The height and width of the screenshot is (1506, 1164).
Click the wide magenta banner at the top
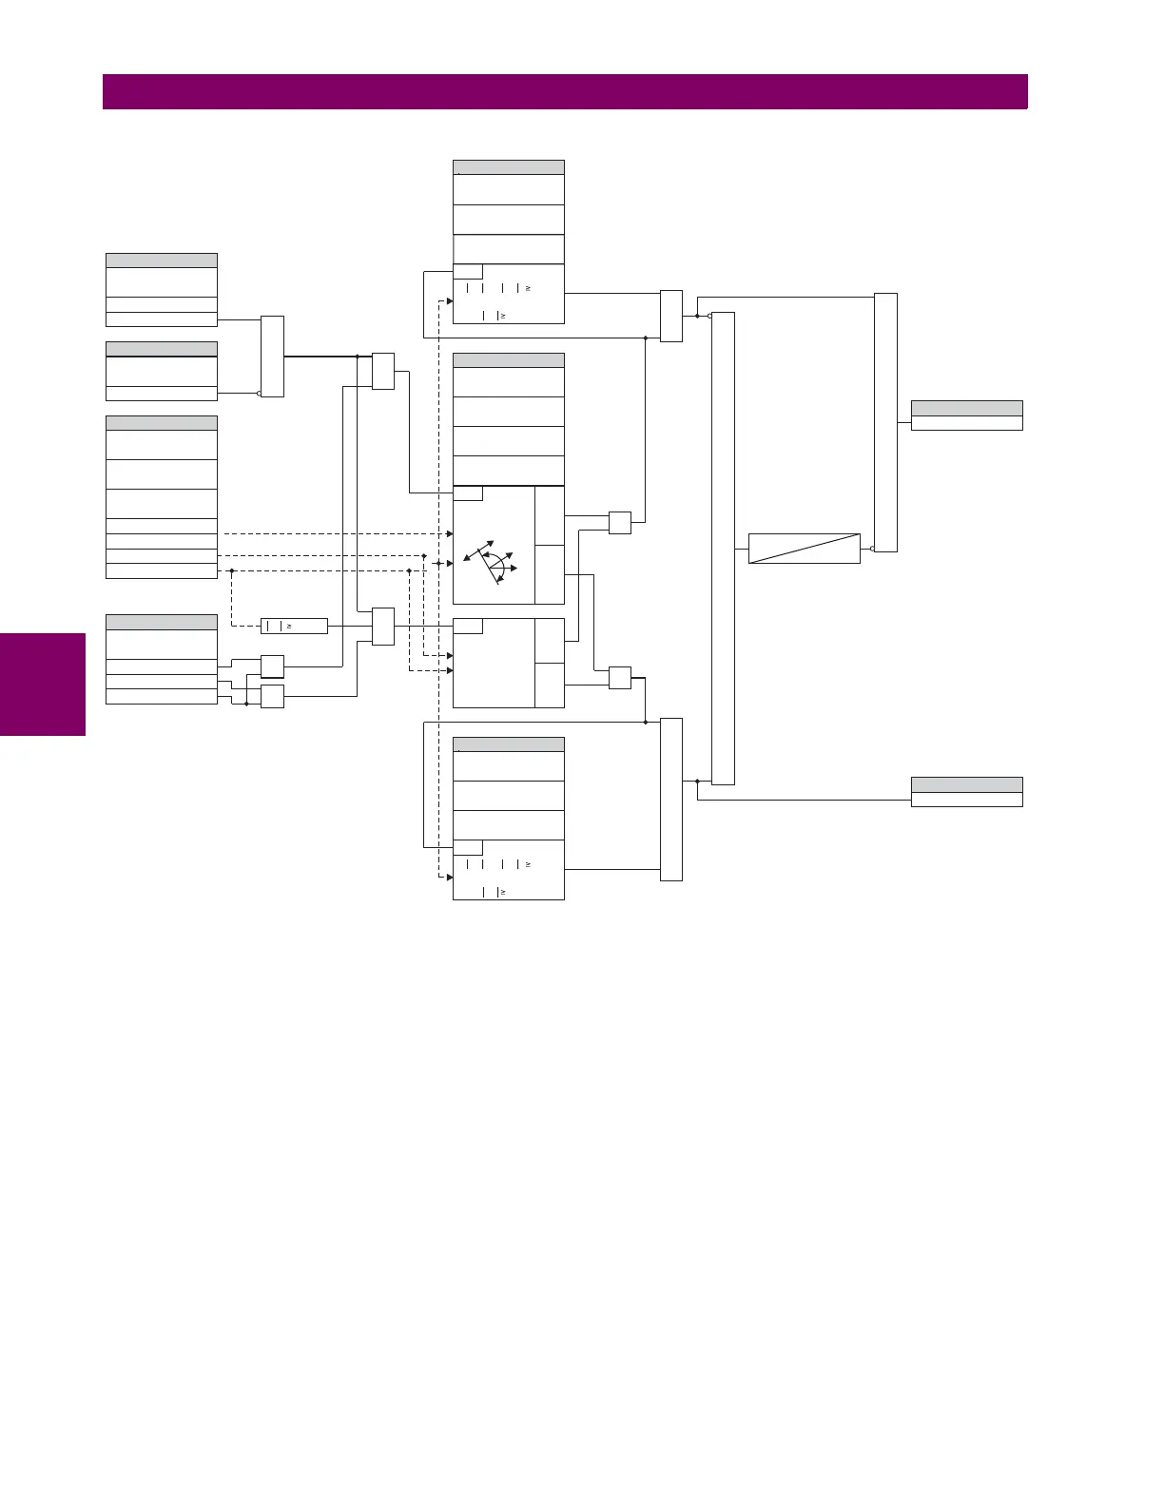(565, 92)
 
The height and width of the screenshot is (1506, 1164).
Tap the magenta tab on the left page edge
(43, 685)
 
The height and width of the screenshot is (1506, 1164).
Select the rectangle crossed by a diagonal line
(804, 549)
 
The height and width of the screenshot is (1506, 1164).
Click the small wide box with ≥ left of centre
(294, 626)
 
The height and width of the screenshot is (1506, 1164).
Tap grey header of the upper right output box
(966, 408)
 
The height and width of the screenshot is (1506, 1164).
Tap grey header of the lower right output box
(966, 784)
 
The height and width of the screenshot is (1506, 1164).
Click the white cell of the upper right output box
(966, 423)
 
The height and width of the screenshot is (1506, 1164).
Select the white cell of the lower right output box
(966, 800)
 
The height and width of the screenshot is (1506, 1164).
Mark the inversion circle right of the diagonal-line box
(872, 549)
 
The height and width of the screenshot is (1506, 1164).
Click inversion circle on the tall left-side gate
(259, 393)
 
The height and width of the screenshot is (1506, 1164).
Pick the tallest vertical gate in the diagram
(723, 548)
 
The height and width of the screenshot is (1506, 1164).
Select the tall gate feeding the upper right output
(885, 422)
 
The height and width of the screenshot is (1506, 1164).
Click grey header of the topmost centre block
(509, 167)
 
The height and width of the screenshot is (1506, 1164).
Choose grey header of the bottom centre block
(509, 744)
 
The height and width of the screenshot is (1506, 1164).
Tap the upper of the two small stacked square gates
(272, 666)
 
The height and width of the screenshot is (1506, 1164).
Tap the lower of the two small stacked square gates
(272, 696)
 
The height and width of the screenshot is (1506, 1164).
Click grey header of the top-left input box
(162, 261)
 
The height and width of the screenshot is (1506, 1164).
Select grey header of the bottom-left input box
(162, 622)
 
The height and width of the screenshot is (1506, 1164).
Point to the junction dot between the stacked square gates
(246, 704)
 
